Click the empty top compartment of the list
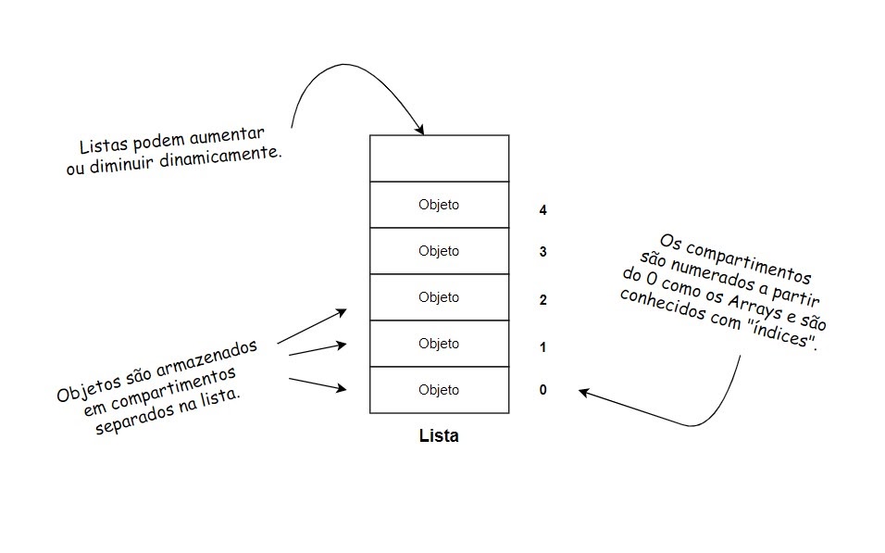439,158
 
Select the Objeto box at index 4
439,205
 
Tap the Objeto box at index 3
439,251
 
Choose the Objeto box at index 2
439,297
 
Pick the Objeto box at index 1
439,344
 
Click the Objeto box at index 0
439,390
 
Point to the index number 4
542,210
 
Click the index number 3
542,252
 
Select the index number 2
542,300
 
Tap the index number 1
542,347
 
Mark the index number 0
542,390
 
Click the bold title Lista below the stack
439,435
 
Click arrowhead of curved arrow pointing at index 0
584,392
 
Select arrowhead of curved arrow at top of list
420,131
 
